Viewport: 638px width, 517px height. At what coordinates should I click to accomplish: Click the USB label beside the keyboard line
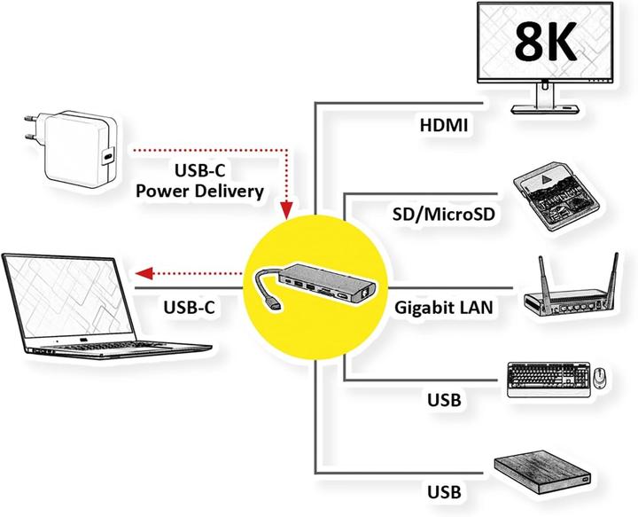pyautogui.click(x=443, y=400)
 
